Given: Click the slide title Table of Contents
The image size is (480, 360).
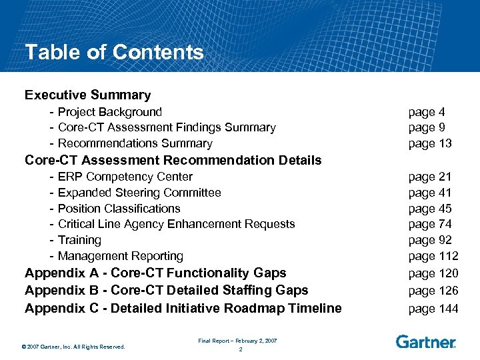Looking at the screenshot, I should [x=114, y=52].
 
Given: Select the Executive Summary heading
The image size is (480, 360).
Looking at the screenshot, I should [x=87, y=95].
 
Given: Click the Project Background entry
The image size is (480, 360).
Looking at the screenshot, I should [x=109, y=112].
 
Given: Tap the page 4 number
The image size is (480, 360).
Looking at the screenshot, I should [x=421, y=112].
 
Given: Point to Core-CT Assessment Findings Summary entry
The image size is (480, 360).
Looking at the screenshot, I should [x=167, y=127].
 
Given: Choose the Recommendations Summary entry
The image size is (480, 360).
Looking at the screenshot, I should [x=135, y=143].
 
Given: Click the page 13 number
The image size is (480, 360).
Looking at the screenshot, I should [x=430, y=143].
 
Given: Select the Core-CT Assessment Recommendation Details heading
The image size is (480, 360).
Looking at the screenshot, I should [x=173, y=160].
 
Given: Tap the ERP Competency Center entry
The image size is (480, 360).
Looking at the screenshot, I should [x=125, y=177].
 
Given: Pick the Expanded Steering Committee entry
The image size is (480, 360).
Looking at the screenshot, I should [x=139, y=193].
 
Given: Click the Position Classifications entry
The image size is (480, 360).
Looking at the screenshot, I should [x=119, y=209].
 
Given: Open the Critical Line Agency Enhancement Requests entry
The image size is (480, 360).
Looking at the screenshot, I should [x=176, y=224].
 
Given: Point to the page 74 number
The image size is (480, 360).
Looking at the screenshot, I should [x=430, y=224].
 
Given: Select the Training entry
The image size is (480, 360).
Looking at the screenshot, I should [x=79, y=240].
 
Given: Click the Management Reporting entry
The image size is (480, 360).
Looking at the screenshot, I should [x=120, y=256].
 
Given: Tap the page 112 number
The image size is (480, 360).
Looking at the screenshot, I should [x=433, y=256].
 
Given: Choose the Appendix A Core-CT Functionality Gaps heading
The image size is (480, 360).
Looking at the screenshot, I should [x=155, y=273].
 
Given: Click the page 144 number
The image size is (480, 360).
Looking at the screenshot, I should [x=433, y=308].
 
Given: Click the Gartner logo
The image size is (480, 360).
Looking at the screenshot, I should [x=425, y=342].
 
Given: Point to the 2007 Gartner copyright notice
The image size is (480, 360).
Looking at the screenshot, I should [x=73, y=346].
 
